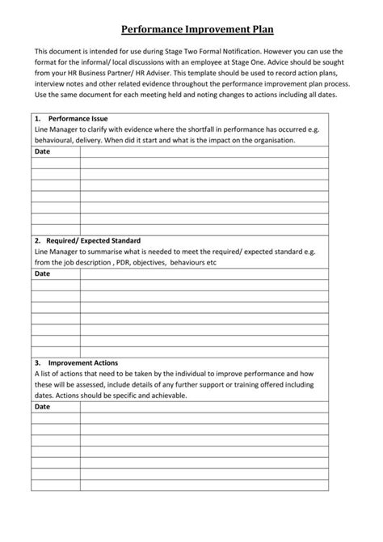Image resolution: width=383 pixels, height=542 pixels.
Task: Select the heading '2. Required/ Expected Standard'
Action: (92, 240)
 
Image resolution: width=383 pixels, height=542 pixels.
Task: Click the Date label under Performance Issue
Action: (43, 150)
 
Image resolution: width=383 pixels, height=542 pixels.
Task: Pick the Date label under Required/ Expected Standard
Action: (43, 273)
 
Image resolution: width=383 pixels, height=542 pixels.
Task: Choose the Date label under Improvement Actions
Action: (43, 407)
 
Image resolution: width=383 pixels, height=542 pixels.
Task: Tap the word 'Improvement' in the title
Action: (213, 30)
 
